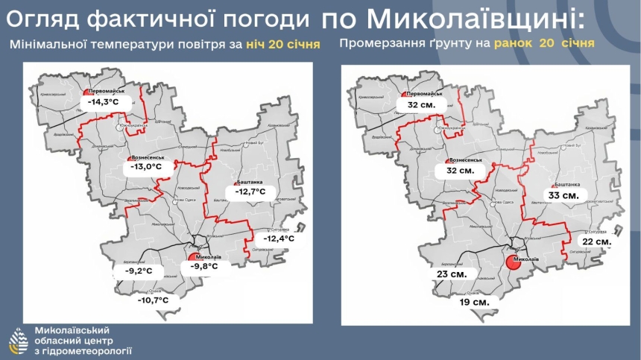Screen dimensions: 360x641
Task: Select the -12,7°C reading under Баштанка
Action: click(248, 192)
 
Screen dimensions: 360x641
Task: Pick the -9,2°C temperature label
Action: click(138, 270)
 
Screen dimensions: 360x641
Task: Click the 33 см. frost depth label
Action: click(563, 195)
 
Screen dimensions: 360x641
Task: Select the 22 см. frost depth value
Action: click(597, 242)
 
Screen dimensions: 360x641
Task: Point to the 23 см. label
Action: click(452, 274)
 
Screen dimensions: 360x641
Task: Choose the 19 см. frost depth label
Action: click(474, 302)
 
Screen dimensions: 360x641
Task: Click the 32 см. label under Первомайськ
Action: click(421, 106)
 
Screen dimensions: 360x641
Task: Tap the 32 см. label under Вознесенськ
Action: click(459, 171)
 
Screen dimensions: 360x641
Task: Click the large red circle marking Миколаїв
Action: click(513, 262)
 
